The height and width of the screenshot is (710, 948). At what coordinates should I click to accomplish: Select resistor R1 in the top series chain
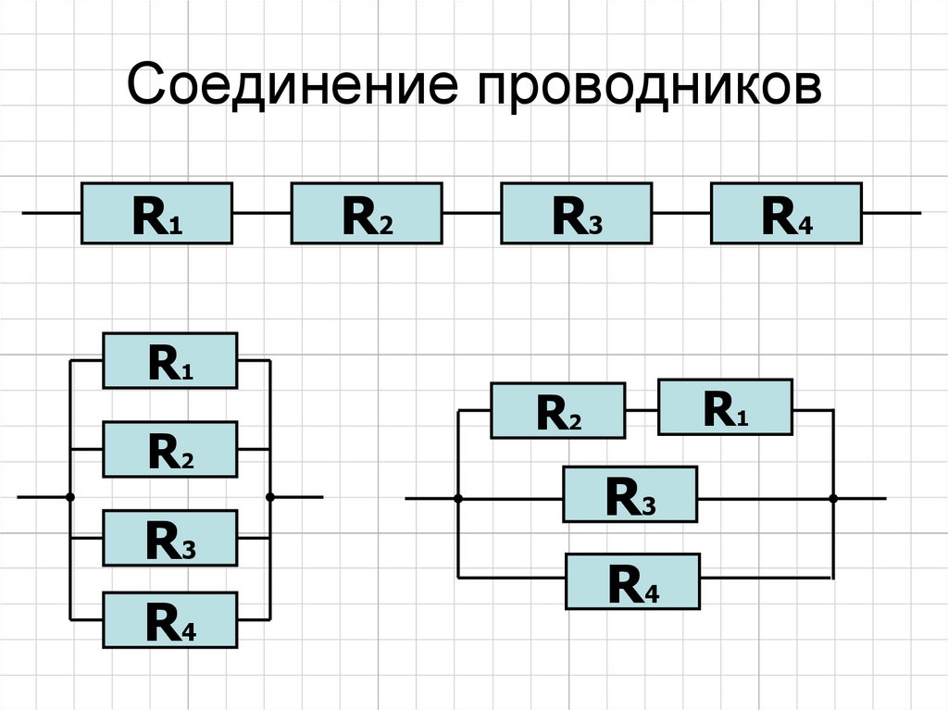[156, 214]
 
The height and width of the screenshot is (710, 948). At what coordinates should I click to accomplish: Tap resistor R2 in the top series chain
[367, 214]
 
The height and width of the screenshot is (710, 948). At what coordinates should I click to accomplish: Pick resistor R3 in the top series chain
[576, 214]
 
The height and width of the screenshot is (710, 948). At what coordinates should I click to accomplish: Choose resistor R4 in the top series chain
[786, 214]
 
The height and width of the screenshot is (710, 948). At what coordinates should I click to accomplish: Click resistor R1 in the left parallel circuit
[169, 360]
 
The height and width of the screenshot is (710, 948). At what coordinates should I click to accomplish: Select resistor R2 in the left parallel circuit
[169, 450]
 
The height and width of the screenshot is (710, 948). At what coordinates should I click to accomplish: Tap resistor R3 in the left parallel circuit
[169, 539]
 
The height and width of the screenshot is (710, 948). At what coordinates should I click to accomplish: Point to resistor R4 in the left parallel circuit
[169, 619]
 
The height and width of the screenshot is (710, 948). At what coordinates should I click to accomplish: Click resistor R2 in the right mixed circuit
[558, 410]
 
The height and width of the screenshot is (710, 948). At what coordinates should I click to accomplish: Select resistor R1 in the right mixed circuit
[725, 406]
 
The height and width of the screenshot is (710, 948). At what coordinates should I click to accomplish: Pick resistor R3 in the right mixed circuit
[630, 496]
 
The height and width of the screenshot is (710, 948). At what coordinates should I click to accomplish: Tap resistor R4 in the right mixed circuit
[633, 580]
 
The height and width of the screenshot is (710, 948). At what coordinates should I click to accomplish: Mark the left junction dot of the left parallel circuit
[70, 497]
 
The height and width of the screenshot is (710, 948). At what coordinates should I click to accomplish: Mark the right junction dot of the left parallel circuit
[270, 497]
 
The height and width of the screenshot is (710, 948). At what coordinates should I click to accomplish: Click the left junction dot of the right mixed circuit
[458, 498]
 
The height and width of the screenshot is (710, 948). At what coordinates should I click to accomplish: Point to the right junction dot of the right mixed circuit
[833, 498]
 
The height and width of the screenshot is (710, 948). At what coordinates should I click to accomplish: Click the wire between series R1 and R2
[262, 214]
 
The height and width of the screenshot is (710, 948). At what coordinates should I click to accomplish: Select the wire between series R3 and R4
[681, 214]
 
